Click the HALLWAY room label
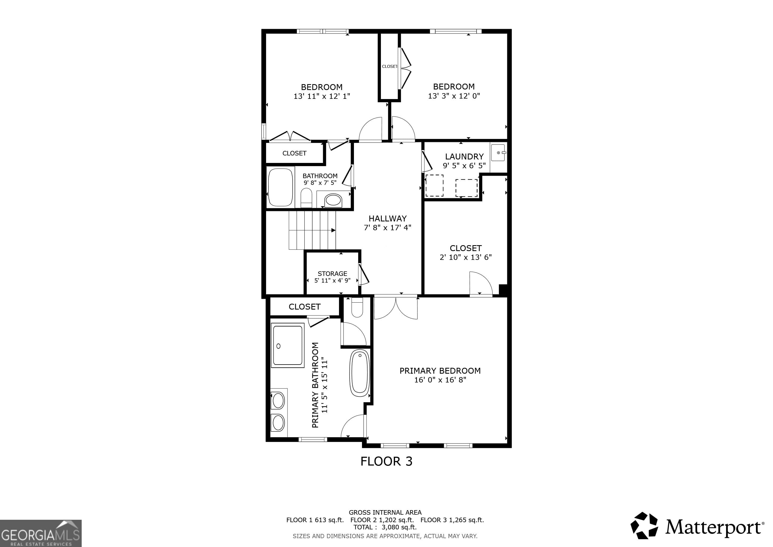[388, 218]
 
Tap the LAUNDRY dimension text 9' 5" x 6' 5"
[464, 166]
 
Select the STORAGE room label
[332, 273]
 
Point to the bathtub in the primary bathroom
[360, 373]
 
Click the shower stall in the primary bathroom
[287, 345]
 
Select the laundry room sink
[498, 153]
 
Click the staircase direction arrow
[333, 230]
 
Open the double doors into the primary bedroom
[396, 307]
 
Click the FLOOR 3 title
[386, 461]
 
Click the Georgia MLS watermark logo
[40, 533]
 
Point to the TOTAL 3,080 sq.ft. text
[385, 527]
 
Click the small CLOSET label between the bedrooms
[389, 66]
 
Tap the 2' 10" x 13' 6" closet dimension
[465, 257]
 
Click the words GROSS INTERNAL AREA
[385, 512]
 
